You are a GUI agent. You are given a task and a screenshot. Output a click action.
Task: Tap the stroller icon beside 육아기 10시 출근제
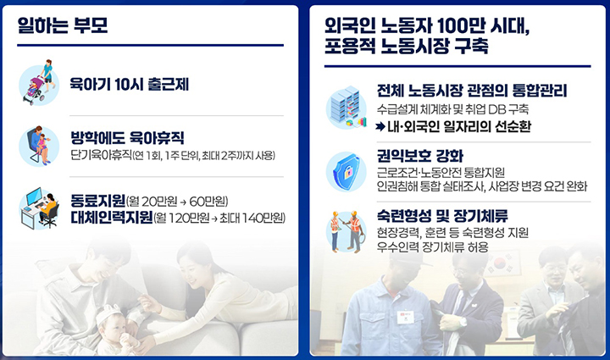[38, 82]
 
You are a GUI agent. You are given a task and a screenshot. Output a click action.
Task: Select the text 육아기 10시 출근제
[128, 83]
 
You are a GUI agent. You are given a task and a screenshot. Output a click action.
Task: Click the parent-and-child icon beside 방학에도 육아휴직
[38, 143]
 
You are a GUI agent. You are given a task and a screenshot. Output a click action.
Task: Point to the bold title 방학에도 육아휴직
[127, 137]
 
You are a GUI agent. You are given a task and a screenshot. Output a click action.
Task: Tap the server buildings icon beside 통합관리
[346, 108]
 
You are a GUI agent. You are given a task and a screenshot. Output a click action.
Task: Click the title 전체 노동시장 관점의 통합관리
[472, 91]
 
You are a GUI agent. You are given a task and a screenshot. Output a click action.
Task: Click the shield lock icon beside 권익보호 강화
[346, 172]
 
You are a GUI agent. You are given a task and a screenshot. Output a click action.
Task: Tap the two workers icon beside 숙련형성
[346, 230]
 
